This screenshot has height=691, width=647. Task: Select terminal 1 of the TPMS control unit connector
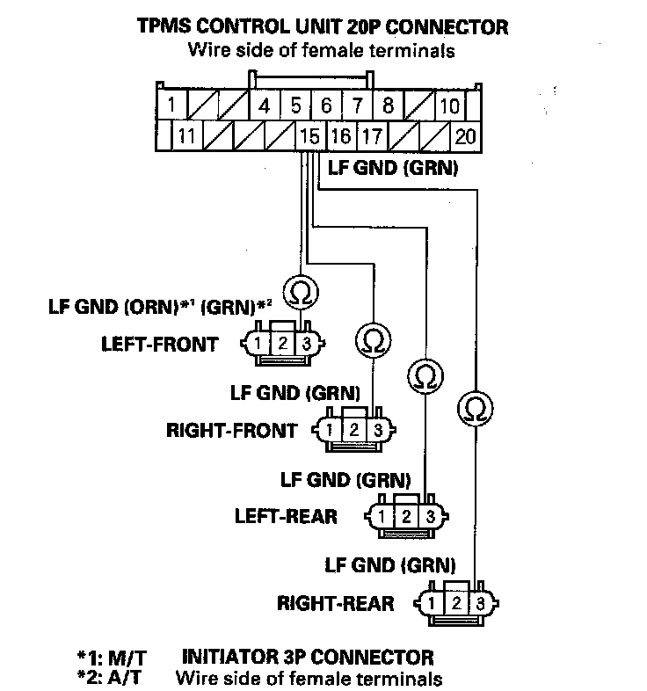click(x=172, y=106)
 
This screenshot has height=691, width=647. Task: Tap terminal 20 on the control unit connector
click(x=466, y=136)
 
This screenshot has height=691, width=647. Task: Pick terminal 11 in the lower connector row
click(x=185, y=136)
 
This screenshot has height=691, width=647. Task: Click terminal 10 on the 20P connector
click(x=449, y=106)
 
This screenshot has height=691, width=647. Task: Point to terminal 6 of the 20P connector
click(x=325, y=106)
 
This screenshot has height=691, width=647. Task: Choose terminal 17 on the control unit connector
click(x=372, y=136)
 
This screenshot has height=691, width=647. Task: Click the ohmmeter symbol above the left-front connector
click(x=300, y=289)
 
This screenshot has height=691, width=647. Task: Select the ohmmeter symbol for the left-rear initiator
click(x=425, y=376)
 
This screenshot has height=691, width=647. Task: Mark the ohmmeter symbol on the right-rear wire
click(x=475, y=408)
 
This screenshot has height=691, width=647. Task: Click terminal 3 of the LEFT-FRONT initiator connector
click(x=306, y=343)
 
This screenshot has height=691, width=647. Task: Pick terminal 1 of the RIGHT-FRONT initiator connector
click(x=328, y=430)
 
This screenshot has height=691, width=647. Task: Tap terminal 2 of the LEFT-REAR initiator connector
click(x=406, y=516)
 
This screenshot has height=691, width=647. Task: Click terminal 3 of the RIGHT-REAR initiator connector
click(x=479, y=603)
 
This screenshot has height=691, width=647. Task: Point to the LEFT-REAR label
click(x=286, y=516)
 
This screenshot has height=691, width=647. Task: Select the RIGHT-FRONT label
click(x=231, y=431)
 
